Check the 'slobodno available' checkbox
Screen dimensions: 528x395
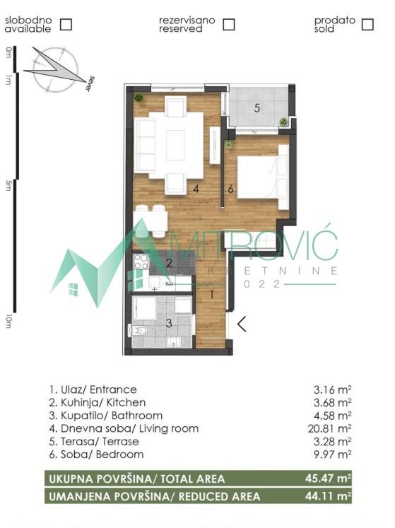pyautogui.click(x=66, y=24)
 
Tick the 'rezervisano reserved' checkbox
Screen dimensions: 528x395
pyautogui.click(x=228, y=24)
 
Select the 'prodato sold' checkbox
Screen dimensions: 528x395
pyautogui.click(x=367, y=24)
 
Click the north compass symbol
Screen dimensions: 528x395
pyautogui.click(x=54, y=69)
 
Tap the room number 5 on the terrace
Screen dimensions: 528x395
pyautogui.click(x=257, y=108)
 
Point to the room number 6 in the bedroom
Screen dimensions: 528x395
pyautogui.click(x=230, y=189)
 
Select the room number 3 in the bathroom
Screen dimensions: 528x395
pyautogui.click(x=168, y=324)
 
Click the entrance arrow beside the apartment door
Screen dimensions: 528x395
pyautogui.click(x=242, y=324)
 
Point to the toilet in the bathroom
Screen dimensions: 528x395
pyautogui.click(x=138, y=330)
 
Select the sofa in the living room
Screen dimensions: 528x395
pyautogui.click(x=146, y=145)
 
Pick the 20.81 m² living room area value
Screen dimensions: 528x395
pyautogui.click(x=331, y=428)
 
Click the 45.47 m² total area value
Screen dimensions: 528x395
pyautogui.click(x=331, y=479)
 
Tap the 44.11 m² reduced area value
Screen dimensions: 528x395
pyautogui.click(x=331, y=495)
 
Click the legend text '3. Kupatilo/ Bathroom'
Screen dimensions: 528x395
pyautogui.click(x=106, y=416)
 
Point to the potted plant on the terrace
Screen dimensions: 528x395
pyautogui.click(x=283, y=122)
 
